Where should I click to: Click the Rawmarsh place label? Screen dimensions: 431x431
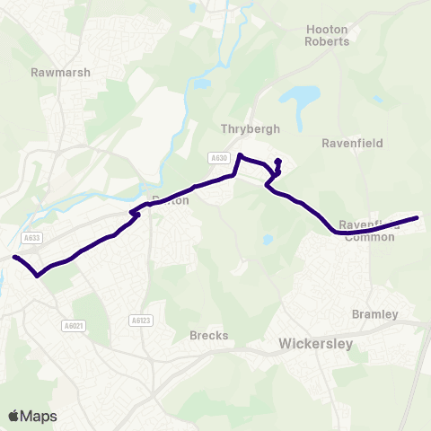coord(60,72)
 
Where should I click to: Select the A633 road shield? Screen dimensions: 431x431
coord(32,238)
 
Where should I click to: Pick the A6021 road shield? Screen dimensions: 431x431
coord(75,325)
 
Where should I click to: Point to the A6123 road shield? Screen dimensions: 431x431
coord(139,319)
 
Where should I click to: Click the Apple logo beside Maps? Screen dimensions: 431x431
coord(13,416)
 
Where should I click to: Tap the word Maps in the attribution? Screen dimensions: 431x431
coord(39,416)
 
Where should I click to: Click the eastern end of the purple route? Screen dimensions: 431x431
coord(418,217)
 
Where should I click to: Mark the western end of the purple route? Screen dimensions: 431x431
coord(14,258)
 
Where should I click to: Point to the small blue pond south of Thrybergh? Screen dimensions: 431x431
coord(268,240)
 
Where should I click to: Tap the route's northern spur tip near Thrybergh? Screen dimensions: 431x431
coord(277,162)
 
